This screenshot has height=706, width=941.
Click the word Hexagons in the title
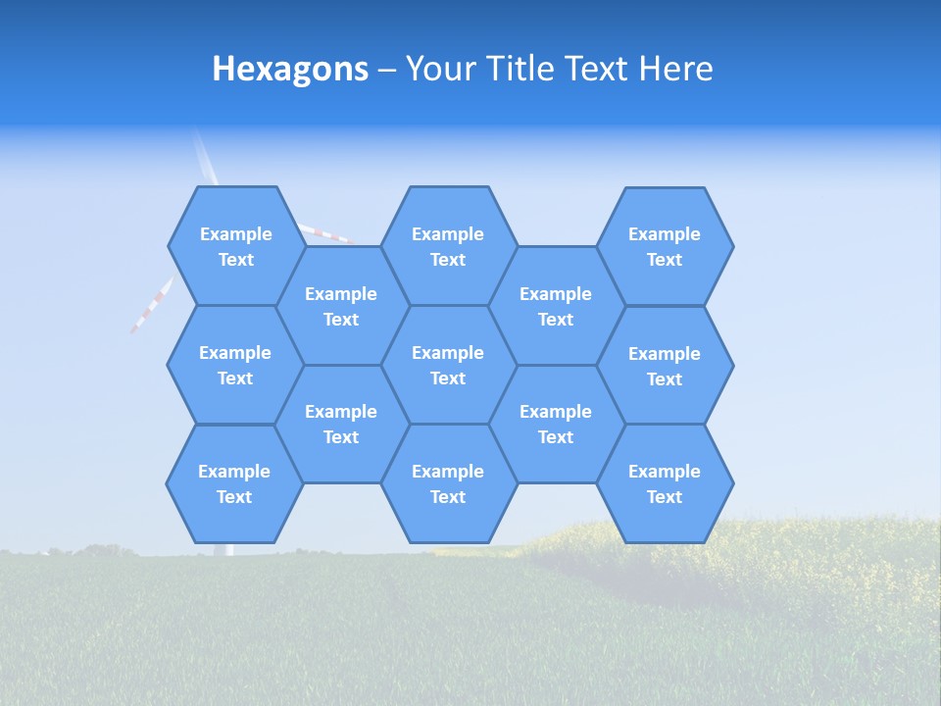[x=290, y=69]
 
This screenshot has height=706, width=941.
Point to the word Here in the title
[x=675, y=69]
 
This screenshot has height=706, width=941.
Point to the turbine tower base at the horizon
[x=229, y=549]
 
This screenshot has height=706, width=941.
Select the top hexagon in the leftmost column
[x=235, y=246]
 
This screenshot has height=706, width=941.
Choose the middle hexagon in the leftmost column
[x=235, y=365]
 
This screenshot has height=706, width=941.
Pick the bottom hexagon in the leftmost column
[x=234, y=483]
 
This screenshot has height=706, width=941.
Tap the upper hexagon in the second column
[x=341, y=306]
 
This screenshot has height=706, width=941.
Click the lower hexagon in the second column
[x=341, y=424]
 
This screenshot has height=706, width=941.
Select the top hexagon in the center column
[x=448, y=246]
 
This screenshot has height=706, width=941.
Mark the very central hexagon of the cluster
[x=448, y=365]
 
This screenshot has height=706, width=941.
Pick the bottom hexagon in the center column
[x=448, y=483]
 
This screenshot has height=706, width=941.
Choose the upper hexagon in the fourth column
[x=556, y=306]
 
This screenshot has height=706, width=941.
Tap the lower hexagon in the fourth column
[x=556, y=424]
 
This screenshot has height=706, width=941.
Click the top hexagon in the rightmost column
[x=665, y=246]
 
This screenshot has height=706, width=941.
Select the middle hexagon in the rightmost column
[x=665, y=366]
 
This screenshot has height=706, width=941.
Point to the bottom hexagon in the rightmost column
[x=665, y=483]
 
